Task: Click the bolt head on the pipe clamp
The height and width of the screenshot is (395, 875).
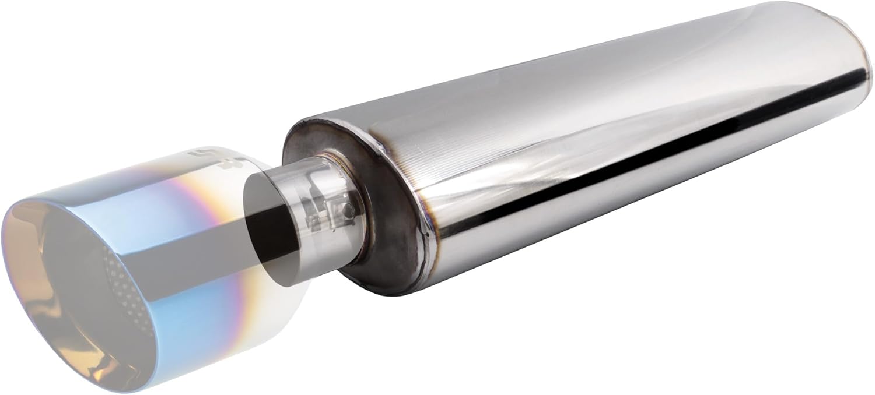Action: (x=348, y=208)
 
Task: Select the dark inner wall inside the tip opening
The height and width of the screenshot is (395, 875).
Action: (x=70, y=274)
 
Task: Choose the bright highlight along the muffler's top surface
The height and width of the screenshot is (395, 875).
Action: (x=583, y=76)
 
